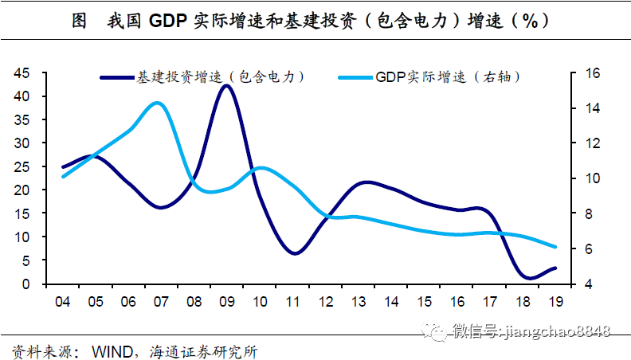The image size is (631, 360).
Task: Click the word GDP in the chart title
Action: pos(165,22)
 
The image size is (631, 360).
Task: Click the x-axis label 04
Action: pos(62,303)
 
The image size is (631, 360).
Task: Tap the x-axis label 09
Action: pos(227,303)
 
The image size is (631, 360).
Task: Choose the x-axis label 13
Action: pos(359,303)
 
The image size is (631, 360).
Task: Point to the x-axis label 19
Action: pos(555,303)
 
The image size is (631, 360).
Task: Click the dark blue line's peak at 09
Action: pos(226,85)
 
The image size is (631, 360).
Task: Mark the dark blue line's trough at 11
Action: pos(295,253)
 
